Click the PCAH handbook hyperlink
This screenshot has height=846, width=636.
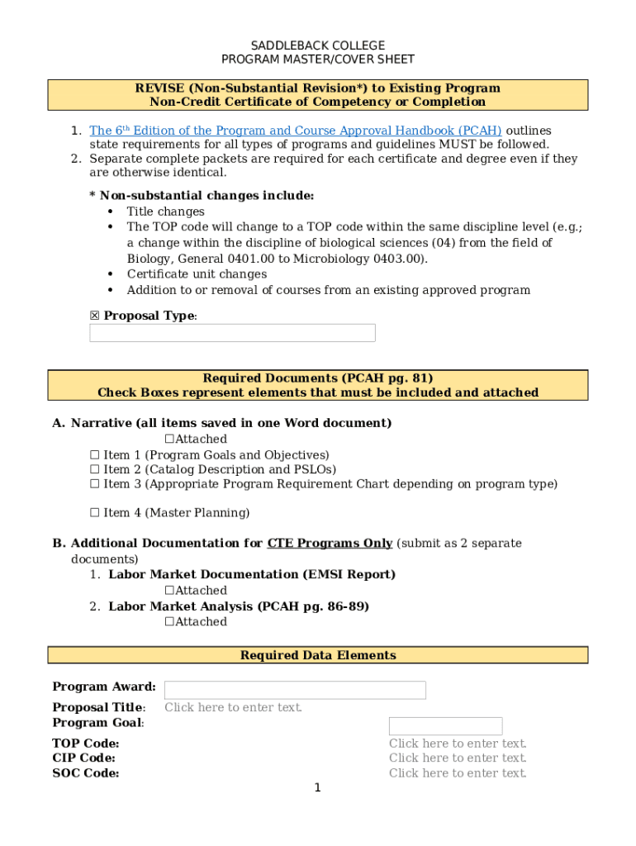(x=295, y=131)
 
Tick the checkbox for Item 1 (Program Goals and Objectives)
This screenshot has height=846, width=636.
(x=94, y=455)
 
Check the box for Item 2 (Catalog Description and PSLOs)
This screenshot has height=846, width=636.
(x=94, y=469)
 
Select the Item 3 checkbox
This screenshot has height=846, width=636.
(x=94, y=484)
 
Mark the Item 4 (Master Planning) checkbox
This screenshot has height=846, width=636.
(x=94, y=513)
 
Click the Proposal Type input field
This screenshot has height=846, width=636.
(x=232, y=333)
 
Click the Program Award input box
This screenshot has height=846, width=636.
(x=295, y=690)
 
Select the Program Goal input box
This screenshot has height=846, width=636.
(x=445, y=726)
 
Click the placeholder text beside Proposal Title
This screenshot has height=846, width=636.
(x=233, y=707)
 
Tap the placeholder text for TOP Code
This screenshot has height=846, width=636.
(x=458, y=744)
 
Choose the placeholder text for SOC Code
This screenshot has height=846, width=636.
(x=458, y=773)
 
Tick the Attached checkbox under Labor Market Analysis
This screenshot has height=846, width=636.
(x=169, y=622)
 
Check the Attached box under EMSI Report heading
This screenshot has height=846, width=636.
(x=169, y=591)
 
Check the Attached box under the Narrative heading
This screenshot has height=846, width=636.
(x=169, y=440)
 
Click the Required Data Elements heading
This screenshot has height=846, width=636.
(x=318, y=655)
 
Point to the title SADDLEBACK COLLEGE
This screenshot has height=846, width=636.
(x=318, y=45)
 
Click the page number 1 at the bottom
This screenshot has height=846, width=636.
(x=317, y=788)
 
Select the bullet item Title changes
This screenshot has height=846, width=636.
(x=165, y=211)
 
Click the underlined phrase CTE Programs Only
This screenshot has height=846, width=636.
(x=330, y=544)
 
